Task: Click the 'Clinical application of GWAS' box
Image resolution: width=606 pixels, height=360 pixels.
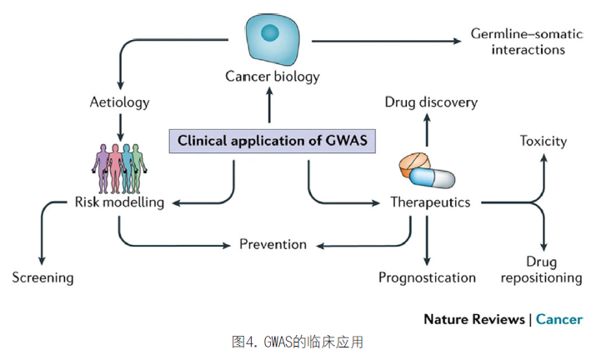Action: coord(272,141)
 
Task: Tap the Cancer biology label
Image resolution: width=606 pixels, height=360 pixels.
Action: coord(273,77)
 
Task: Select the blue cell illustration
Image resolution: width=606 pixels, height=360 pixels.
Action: coord(272,39)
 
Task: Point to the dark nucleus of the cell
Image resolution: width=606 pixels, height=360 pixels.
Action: coord(270,32)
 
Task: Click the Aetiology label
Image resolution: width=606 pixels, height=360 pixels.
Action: coord(120,102)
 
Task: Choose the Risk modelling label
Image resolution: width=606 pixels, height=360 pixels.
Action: coord(119,202)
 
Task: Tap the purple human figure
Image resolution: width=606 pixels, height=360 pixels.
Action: coord(102,169)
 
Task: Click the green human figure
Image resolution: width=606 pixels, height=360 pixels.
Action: coord(137,169)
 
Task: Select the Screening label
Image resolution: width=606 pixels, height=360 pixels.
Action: coord(43,277)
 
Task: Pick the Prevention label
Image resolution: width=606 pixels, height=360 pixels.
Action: coord(273,244)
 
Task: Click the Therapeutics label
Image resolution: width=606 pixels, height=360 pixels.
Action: coord(430,202)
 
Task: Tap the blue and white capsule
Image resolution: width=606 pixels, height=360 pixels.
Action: coord(432,178)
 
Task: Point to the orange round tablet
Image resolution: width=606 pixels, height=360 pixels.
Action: coord(414,164)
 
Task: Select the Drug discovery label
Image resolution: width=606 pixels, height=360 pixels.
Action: coord(431,102)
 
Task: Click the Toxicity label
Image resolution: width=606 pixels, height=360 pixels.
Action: coord(543,141)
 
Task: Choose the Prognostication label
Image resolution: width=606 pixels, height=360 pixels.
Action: coord(427,277)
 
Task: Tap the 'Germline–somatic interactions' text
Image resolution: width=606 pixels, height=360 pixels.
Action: coord(527,42)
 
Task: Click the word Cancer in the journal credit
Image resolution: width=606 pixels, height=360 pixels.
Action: coord(559,319)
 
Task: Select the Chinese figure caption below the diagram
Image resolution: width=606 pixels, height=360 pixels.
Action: coord(298,342)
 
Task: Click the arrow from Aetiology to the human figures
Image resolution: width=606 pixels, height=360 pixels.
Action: coord(120,127)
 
